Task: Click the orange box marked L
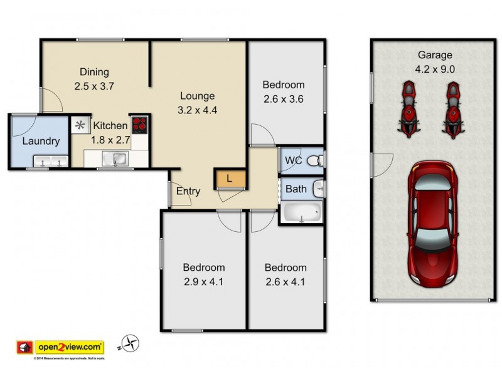(229, 179)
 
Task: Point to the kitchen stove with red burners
(139, 124)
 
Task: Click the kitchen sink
(116, 159)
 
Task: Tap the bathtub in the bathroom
(301, 213)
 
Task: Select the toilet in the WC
(319, 160)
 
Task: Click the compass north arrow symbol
(131, 343)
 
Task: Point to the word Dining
(94, 71)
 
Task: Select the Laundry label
(41, 141)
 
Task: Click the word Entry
(188, 191)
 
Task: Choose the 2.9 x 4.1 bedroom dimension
(204, 281)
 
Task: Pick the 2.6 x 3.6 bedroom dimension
(283, 98)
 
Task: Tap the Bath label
(296, 188)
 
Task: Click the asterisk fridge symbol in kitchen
(80, 125)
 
